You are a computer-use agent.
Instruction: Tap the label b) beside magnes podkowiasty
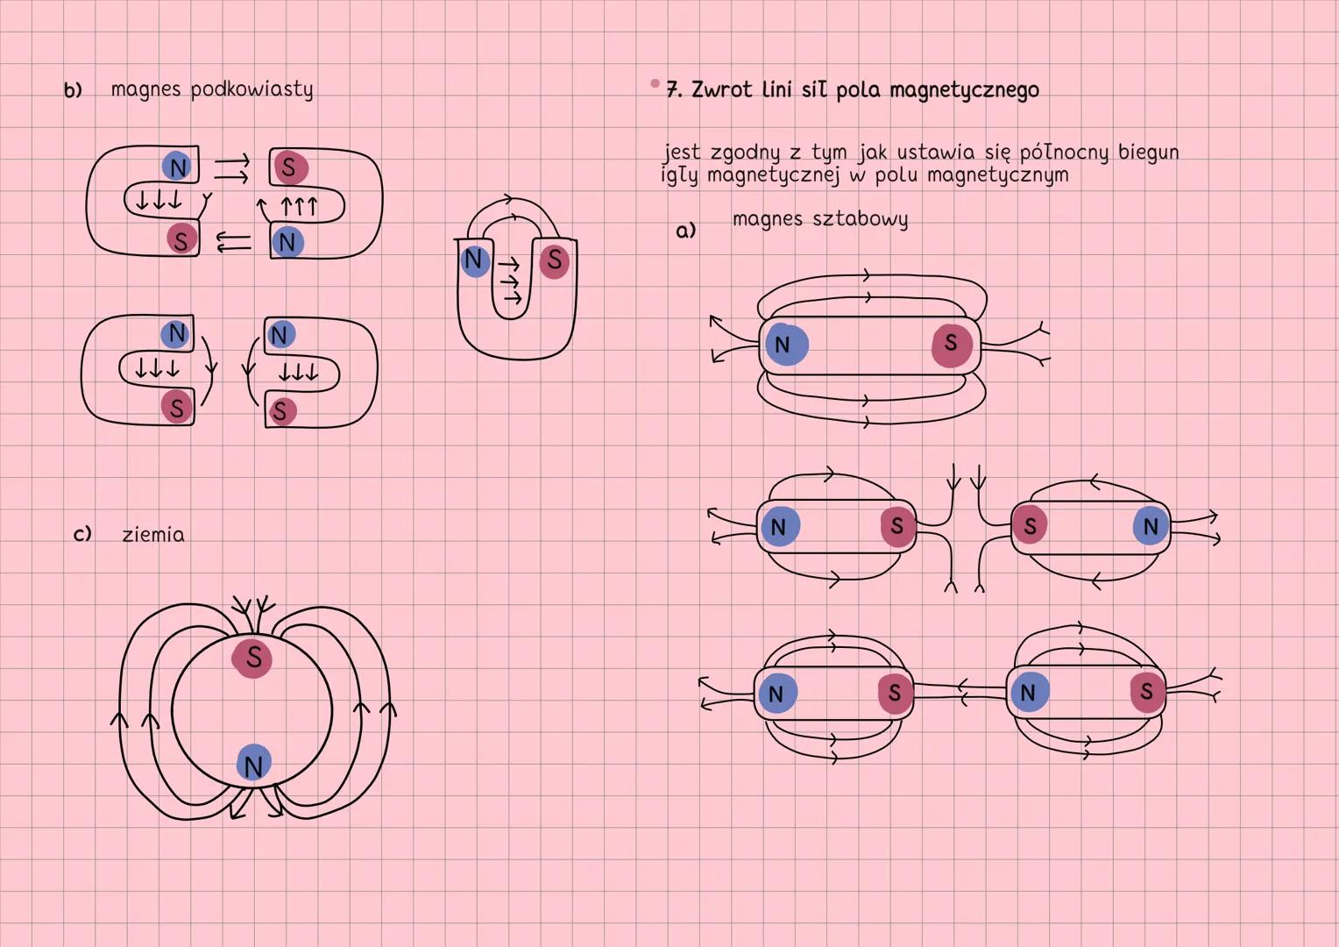tap(73, 90)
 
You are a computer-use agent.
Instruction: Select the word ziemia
tap(153, 534)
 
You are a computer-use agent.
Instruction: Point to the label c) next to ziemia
tap(82, 534)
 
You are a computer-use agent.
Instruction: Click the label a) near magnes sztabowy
tap(685, 231)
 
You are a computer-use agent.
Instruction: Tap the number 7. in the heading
tap(673, 89)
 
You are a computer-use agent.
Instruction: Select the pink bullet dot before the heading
tap(655, 83)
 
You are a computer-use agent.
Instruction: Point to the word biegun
tap(1148, 153)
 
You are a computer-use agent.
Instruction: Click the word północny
tap(1064, 153)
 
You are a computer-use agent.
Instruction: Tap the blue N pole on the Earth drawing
tap(253, 765)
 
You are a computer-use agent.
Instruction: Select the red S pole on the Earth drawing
tap(252, 657)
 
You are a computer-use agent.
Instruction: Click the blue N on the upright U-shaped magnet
tap(474, 260)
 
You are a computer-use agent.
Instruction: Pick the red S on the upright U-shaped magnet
tap(554, 260)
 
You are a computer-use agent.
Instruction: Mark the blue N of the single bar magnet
tap(784, 345)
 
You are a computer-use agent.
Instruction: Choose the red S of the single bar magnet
tap(952, 344)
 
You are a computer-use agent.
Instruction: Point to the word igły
tap(679, 175)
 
